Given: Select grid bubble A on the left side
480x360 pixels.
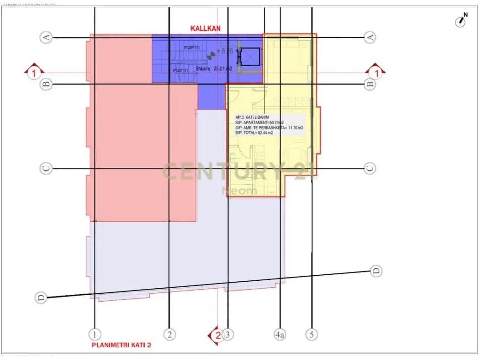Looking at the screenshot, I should click(x=46, y=37).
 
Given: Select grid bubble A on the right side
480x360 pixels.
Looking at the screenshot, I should click(x=370, y=37).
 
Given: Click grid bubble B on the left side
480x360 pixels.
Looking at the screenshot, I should click(x=46, y=84).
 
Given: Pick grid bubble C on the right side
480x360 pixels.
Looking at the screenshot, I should click(x=370, y=168).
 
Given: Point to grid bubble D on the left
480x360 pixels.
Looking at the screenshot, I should click(x=42, y=298).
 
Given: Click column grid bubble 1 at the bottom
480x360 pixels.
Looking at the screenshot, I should click(x=94, y=334).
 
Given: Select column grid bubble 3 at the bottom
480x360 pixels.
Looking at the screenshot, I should click(x=229, y=334).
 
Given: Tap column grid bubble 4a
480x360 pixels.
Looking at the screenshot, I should click(x=280, y=334).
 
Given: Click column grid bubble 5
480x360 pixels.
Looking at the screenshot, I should click(x=312, y=334).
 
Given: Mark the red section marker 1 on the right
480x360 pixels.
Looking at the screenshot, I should click(x=376, y=72).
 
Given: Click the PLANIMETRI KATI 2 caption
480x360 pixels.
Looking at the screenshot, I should click(x=121, y=346).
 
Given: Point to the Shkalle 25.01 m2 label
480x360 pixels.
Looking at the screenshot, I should click(x=213, y=68).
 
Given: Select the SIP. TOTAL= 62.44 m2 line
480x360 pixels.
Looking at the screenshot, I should click(x=259, y=133).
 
